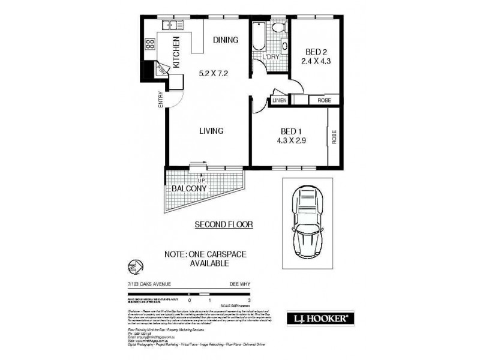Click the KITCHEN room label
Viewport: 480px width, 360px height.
(x=176, y=52)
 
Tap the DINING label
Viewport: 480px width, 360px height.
(x=226, y=40)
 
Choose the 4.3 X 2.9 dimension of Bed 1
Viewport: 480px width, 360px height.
(x=290, y=143)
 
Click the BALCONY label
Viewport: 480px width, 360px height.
(x=189, y=188)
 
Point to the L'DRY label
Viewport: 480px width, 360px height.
(x=271, y=56)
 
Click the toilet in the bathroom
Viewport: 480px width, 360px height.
(x=277, y=29)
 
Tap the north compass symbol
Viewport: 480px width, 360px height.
(x=134, y=265)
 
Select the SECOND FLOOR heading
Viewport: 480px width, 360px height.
(x=224, y=224)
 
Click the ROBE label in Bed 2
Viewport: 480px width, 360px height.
(x=324, y=101)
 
